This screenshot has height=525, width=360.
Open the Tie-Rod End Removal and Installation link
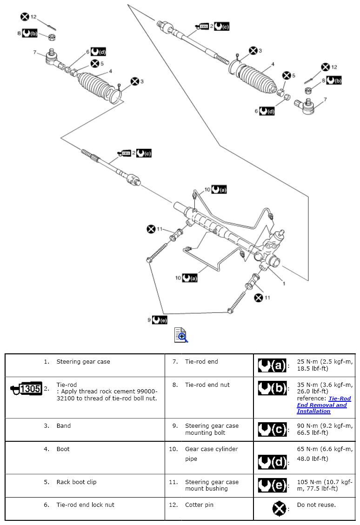324,405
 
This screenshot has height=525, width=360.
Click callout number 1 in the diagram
284,283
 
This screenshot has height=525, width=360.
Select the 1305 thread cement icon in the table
27,388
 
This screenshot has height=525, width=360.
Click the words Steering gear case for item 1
83,361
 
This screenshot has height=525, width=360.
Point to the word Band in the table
64,425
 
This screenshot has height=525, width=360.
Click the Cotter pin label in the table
199,505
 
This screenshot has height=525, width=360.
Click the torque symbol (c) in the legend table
272,429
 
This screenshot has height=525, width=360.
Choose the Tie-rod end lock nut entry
85,505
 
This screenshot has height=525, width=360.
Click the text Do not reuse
316,505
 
